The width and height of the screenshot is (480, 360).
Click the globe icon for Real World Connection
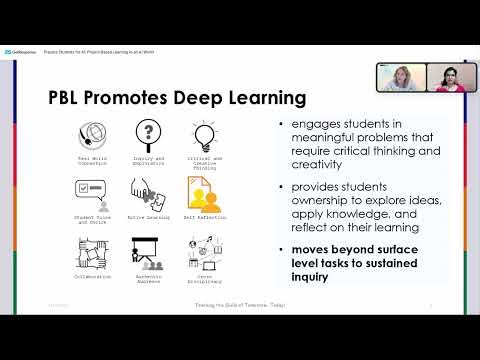(91, 136)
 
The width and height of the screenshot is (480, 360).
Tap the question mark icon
(148, 134)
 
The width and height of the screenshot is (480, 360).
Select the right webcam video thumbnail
(450, 78)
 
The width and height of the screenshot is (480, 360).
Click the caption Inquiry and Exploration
(148, 160)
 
